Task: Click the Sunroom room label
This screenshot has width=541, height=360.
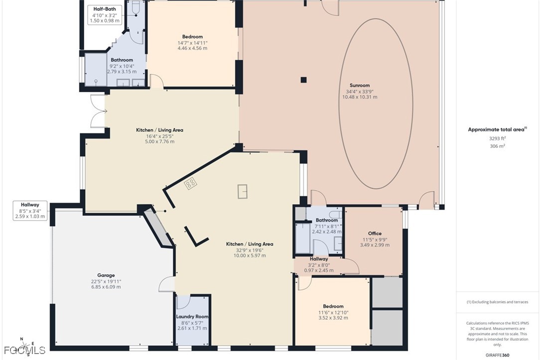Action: [360, 85]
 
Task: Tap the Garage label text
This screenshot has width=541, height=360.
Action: [106, 275]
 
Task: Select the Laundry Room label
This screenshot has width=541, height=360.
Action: [192, 317]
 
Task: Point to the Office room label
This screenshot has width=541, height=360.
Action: [375, 234]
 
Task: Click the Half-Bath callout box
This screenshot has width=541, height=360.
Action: [105, 15]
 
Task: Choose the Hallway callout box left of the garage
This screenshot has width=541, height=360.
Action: [30, 211]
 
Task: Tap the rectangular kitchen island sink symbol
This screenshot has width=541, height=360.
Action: [243, 191]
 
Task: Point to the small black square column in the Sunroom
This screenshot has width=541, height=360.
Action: [303, 80]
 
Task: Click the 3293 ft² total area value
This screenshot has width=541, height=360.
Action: [498, 138]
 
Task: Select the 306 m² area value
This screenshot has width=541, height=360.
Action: [498, 146]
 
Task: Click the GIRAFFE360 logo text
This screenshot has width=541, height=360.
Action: [497, 355]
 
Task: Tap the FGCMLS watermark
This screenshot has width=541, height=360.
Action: [24, 351]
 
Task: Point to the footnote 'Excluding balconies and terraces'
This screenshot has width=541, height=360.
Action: [497, 302]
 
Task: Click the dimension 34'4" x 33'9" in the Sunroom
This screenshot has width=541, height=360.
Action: [360, 92]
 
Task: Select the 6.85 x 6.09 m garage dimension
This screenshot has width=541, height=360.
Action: [106, 287]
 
